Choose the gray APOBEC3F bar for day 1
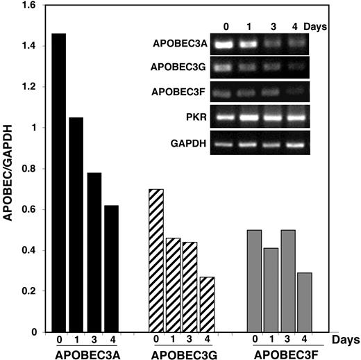pyautogui.click(x=272, y=289)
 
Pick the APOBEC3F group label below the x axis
pyautogui.click(x=287, y=353)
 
